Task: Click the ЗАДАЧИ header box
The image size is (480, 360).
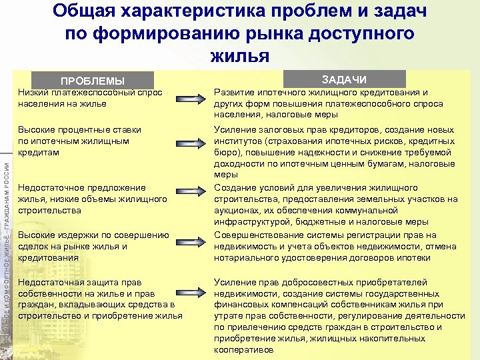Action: pyautogui.click(x=345, y=78)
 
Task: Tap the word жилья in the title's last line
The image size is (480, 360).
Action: pyautogui.click(x=240, y=55)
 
